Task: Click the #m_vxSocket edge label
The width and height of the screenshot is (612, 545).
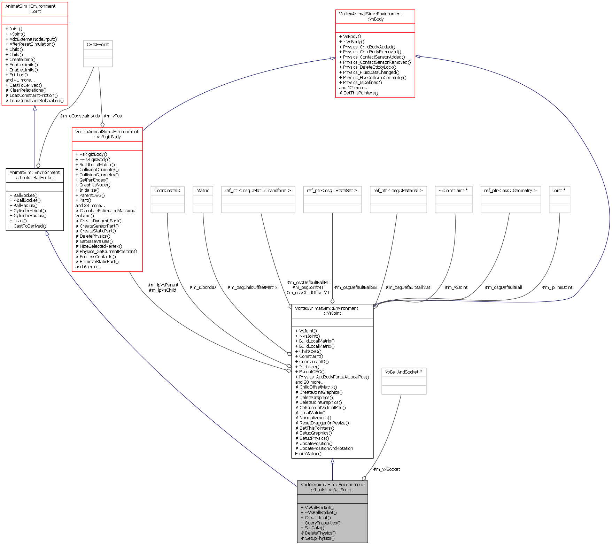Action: (x=386, y=469)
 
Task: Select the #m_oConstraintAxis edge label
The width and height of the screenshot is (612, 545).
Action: (x=80, y=116)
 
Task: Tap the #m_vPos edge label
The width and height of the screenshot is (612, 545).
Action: (x=113, y=116)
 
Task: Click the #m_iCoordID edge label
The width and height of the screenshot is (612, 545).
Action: (x=202, y=287)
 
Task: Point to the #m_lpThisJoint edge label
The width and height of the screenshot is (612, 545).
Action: (x=557, y=287)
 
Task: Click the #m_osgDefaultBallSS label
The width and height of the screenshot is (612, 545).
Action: (x=355, y=287)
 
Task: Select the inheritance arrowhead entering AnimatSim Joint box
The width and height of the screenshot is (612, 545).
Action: (x=34, y=108)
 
